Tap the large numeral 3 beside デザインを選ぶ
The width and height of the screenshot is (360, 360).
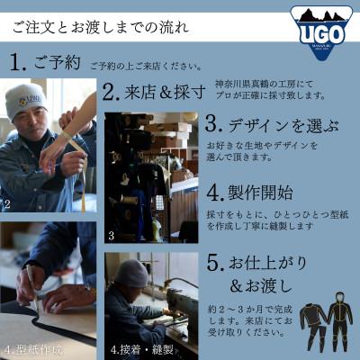tap(213, 123)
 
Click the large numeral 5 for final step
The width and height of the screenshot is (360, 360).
tap(213, 265)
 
